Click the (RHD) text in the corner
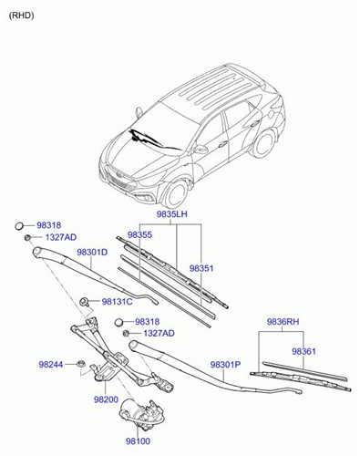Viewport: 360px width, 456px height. click(x=23, y=16)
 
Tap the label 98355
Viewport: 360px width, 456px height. click(x=140, y=235)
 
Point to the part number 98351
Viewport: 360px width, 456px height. click(x=202, y=268)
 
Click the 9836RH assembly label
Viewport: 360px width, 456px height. click(x=282, y=322)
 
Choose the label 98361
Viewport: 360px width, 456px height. click(x=304, y=350)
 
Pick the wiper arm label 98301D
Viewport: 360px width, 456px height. click(x=91, y=252)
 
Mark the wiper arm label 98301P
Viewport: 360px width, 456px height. click(x=225, y=365)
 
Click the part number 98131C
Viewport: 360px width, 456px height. click(x=117, y=302)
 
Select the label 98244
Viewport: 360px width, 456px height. click(x=51, y=365)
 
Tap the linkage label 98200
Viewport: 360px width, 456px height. click(x=106, y=399)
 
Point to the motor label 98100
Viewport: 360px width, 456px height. click(x=138, y=440)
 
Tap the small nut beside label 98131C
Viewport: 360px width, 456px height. click(x=85, y=301)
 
